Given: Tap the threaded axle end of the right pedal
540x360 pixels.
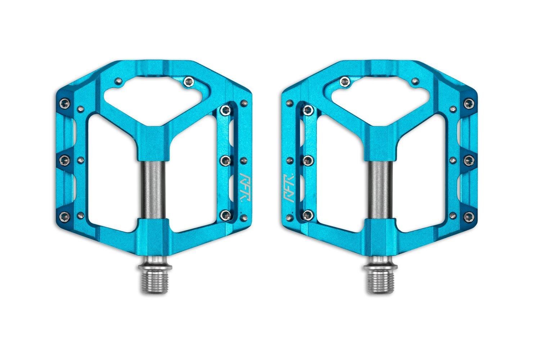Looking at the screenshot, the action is click(380, 282).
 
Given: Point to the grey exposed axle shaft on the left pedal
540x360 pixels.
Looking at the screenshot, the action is click(154, 190).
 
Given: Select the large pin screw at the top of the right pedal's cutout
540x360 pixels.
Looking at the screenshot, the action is click(345, 81).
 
